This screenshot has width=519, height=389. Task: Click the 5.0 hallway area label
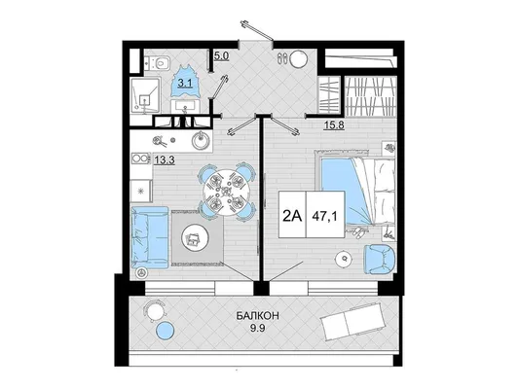click(221, 55)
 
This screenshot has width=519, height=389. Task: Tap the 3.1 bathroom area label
click(185, 83)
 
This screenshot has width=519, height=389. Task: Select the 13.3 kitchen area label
click(165, 159)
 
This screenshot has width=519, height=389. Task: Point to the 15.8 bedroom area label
click(334, 125)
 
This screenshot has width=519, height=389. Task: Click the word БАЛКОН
click(257, 316)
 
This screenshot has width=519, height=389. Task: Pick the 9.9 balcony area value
click(257, 328)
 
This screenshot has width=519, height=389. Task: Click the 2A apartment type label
click(292, 217)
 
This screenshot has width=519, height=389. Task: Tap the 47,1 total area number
click(324, 217)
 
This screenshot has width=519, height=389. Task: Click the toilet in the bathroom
click(160, 62)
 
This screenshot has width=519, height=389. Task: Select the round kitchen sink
click(202, 141)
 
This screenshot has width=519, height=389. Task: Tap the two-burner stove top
click(141, 159)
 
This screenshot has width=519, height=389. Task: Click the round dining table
click(227, 193)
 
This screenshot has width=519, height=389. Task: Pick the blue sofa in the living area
click(150, 237)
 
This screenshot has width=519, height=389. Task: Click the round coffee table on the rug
click(195, 237)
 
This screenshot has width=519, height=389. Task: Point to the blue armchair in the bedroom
click(380, 259)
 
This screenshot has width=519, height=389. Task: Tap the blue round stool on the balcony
click(165, 331)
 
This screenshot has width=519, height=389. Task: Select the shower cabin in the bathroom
click(146, 95)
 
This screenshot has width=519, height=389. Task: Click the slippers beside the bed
click(357, 232)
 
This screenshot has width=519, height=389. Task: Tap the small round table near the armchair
click(345, 258)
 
